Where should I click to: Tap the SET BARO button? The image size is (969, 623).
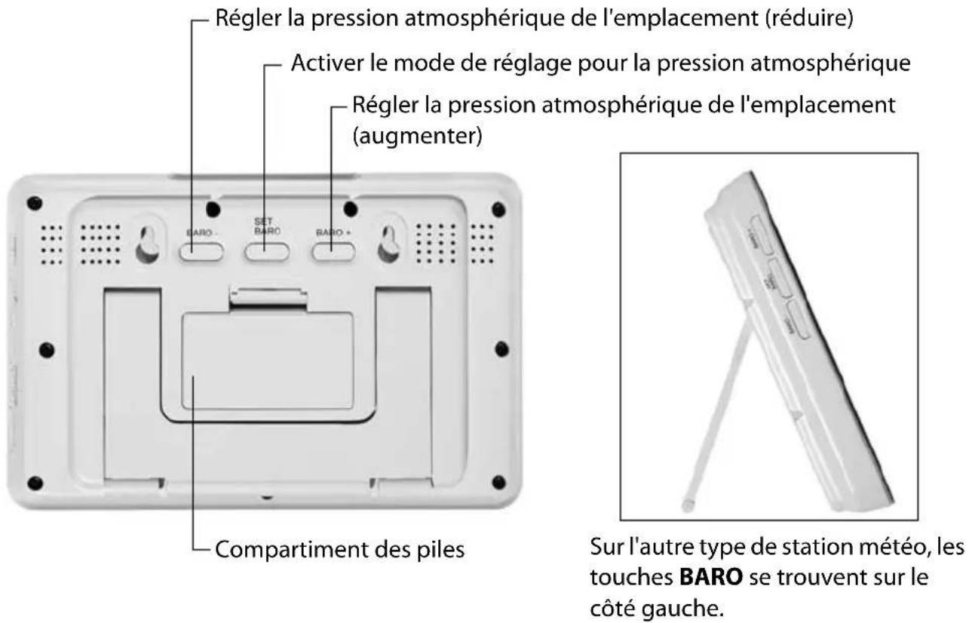click(x=267, y=251)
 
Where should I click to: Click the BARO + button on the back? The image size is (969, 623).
click(x=334, y=252)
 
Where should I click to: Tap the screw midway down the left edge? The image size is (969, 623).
click(x=47, y=348)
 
